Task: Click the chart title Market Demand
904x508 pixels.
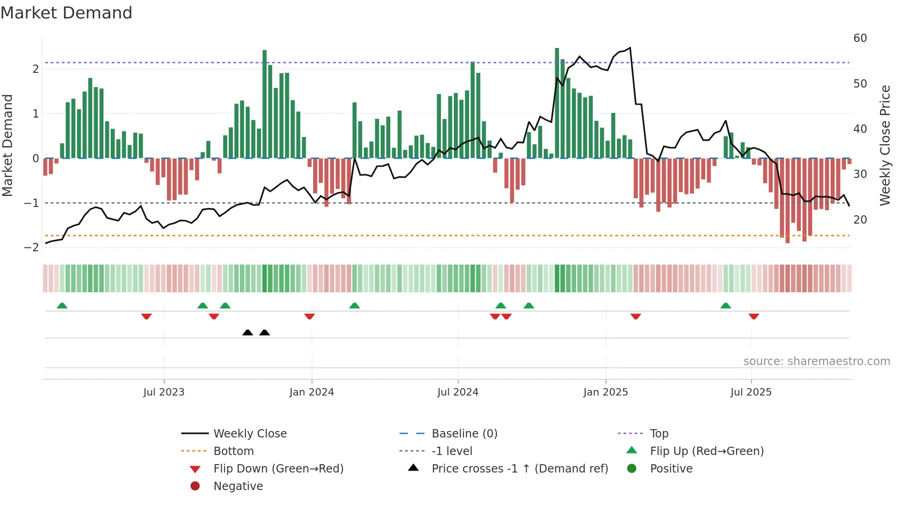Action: click(66, 13)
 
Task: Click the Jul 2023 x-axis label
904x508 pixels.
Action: click(164, 392)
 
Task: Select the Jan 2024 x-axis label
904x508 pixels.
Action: click(311, 392)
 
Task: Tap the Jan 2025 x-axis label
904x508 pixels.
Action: click(605, 392)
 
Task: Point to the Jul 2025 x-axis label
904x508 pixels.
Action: click(751, 392)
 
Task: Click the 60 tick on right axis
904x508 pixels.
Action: click(860, 38)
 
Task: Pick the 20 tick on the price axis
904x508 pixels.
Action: click(860, 220)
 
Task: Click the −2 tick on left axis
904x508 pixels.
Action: click(32, 248)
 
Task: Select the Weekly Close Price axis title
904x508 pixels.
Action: click(885, 145)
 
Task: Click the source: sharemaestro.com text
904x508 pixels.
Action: click(816, 361)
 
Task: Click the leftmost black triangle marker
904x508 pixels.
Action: click(248, 332)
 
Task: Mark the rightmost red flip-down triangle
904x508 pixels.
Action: click(754, 316)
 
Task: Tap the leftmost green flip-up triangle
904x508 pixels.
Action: click(62, 306)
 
